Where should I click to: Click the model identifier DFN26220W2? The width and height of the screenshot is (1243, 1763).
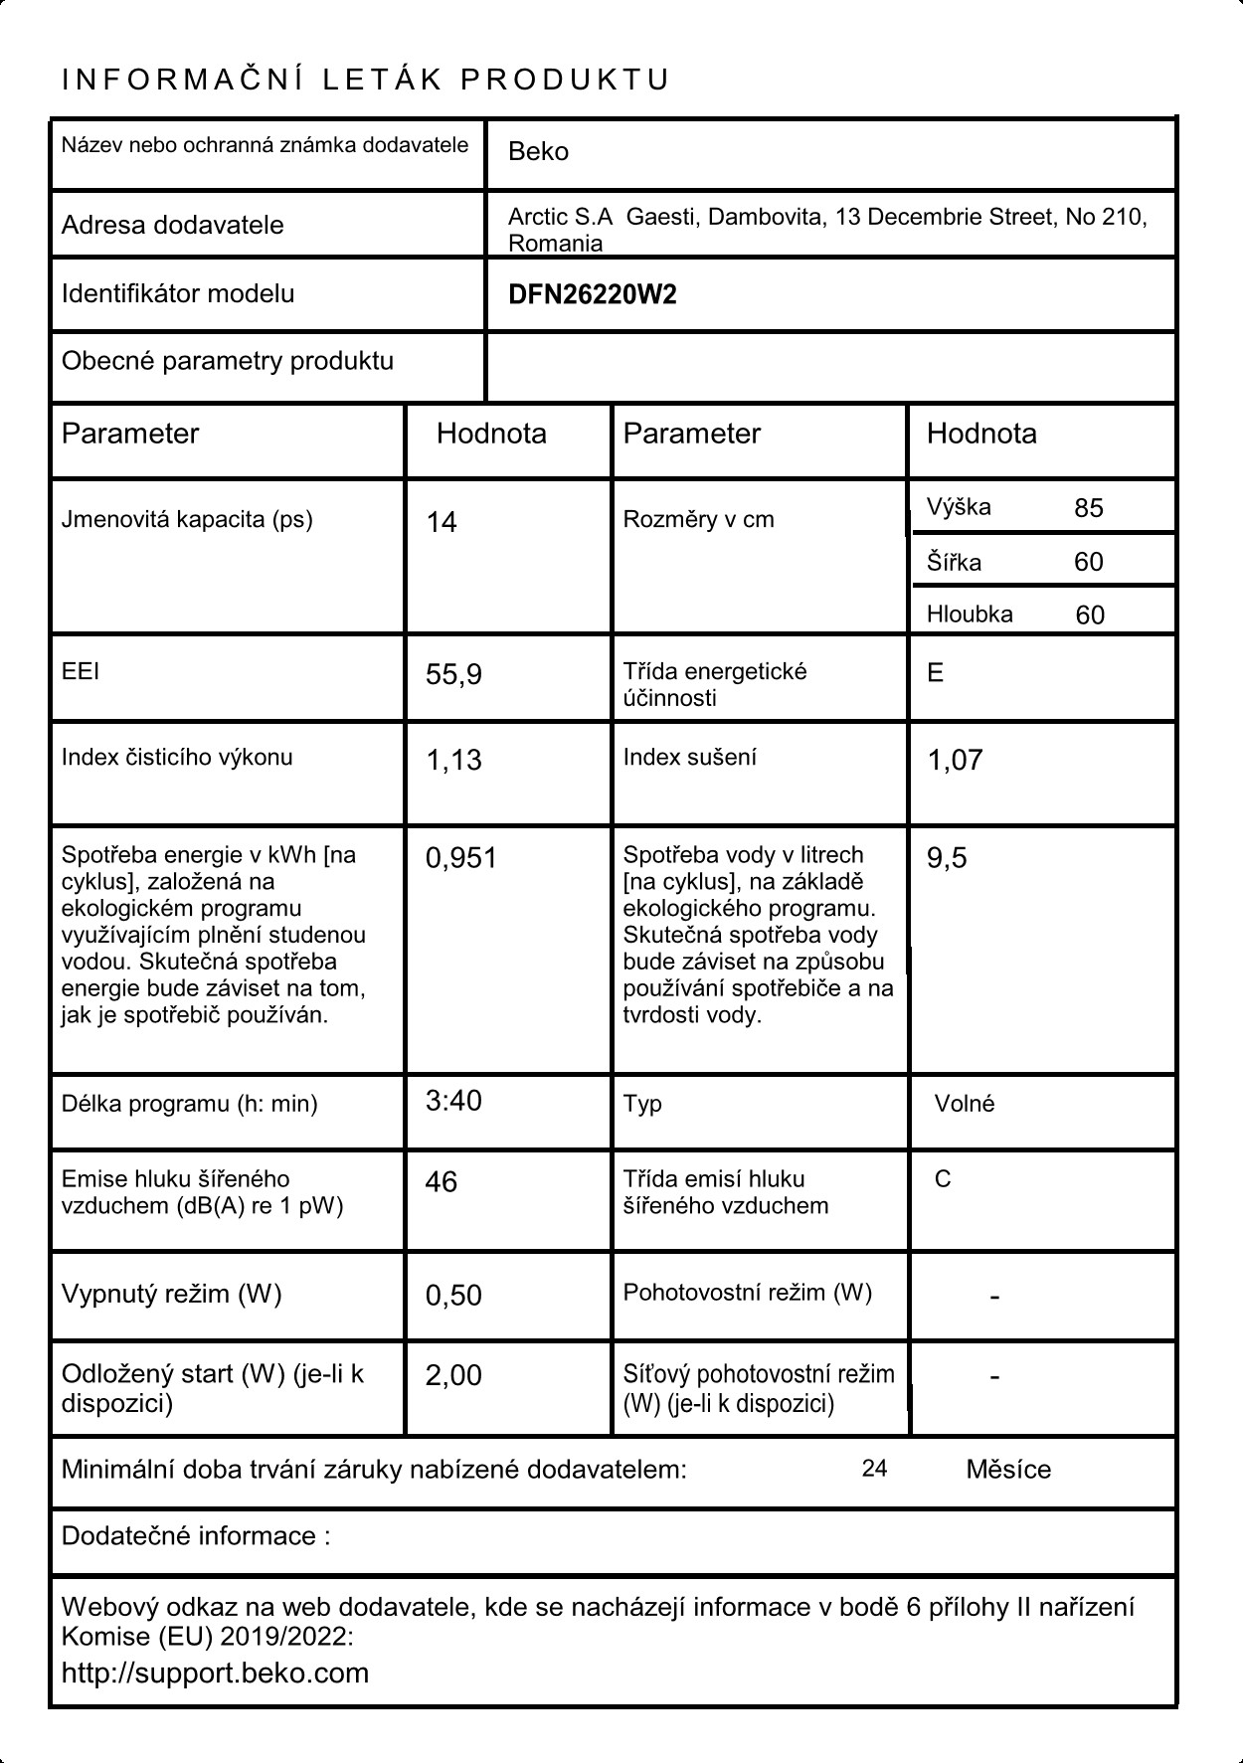tap(592, 295)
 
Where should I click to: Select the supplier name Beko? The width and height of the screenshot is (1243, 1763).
tap(538, 152)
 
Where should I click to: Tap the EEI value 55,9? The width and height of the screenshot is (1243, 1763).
tap(453, 675)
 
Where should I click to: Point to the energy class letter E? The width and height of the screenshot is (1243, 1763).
tap(935, 673)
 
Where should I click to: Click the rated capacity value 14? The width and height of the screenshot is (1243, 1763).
tap(442, 522)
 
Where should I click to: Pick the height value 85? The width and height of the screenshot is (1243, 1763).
tap(1088, 508)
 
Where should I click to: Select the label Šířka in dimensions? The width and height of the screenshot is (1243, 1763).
tap(954, 563)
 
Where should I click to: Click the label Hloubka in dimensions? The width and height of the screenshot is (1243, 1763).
tap(970, 615)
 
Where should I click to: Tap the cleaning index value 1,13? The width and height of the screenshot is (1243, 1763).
tap(453, 760)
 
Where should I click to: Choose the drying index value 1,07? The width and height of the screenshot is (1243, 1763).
tap(955, 760)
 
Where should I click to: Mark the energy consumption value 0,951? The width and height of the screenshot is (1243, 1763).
tap(461, 858)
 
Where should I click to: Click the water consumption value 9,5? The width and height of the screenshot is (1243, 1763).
tap(947, 858)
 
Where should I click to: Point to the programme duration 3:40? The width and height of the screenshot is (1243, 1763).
tap(453, 1101)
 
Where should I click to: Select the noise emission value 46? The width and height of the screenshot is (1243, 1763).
tap(442, 1181)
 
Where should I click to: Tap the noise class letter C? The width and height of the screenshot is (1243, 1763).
tap(943, 1179)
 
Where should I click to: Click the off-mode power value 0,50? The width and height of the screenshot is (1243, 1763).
tap(453, 1295)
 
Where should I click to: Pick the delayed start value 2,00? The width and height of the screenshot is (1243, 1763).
tap(453, 1375)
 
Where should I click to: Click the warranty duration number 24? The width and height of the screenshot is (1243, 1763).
tap(874, 1469)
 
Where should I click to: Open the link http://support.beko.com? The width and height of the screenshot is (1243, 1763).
tap(215, 1673)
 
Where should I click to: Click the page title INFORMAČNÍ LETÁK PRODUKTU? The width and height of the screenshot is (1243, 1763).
tap(366, 80)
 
